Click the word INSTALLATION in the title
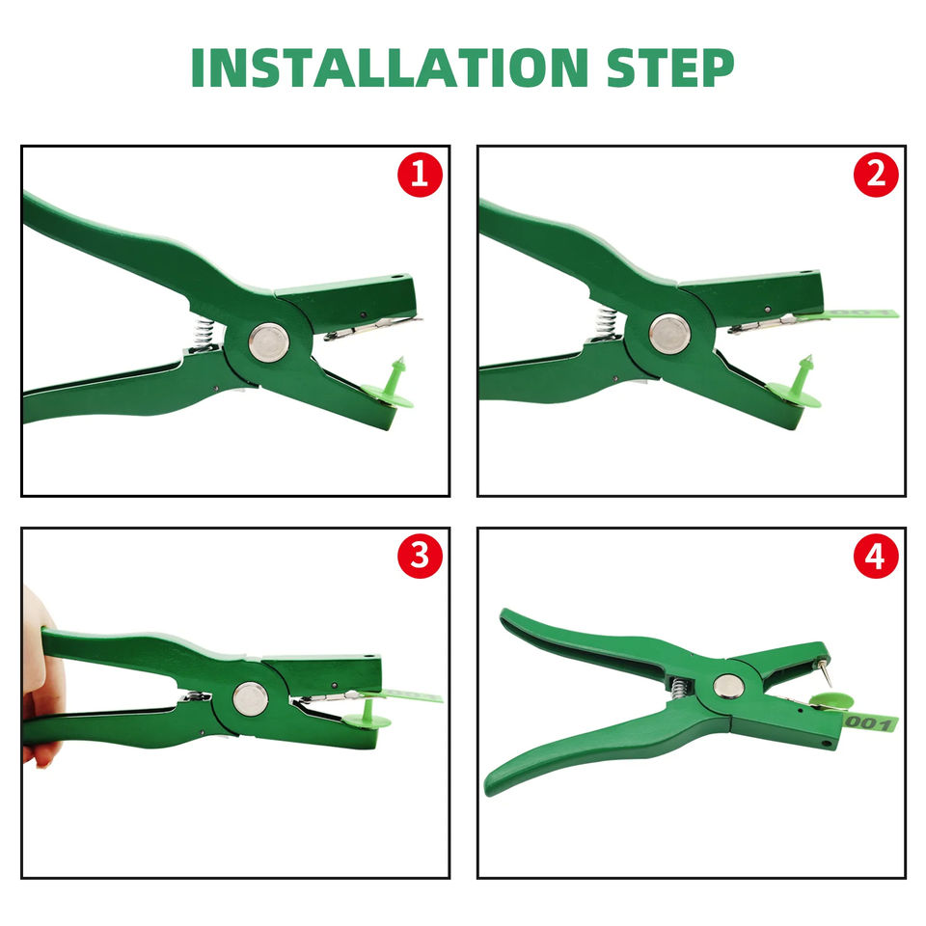click(390, 68)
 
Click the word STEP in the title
click(670, 68)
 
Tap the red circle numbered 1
click(420, 175)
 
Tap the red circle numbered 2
click(876, 175)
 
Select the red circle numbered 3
click(420, 557)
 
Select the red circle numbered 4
click(876, 557)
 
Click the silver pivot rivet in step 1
click(269, 341)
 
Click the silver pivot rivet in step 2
click(669, 334)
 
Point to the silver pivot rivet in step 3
click(251, 698)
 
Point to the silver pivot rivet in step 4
click(728, 686)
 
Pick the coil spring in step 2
click(606, 324)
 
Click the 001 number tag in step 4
click(869, 722)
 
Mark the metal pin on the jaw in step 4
click(825, 673)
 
